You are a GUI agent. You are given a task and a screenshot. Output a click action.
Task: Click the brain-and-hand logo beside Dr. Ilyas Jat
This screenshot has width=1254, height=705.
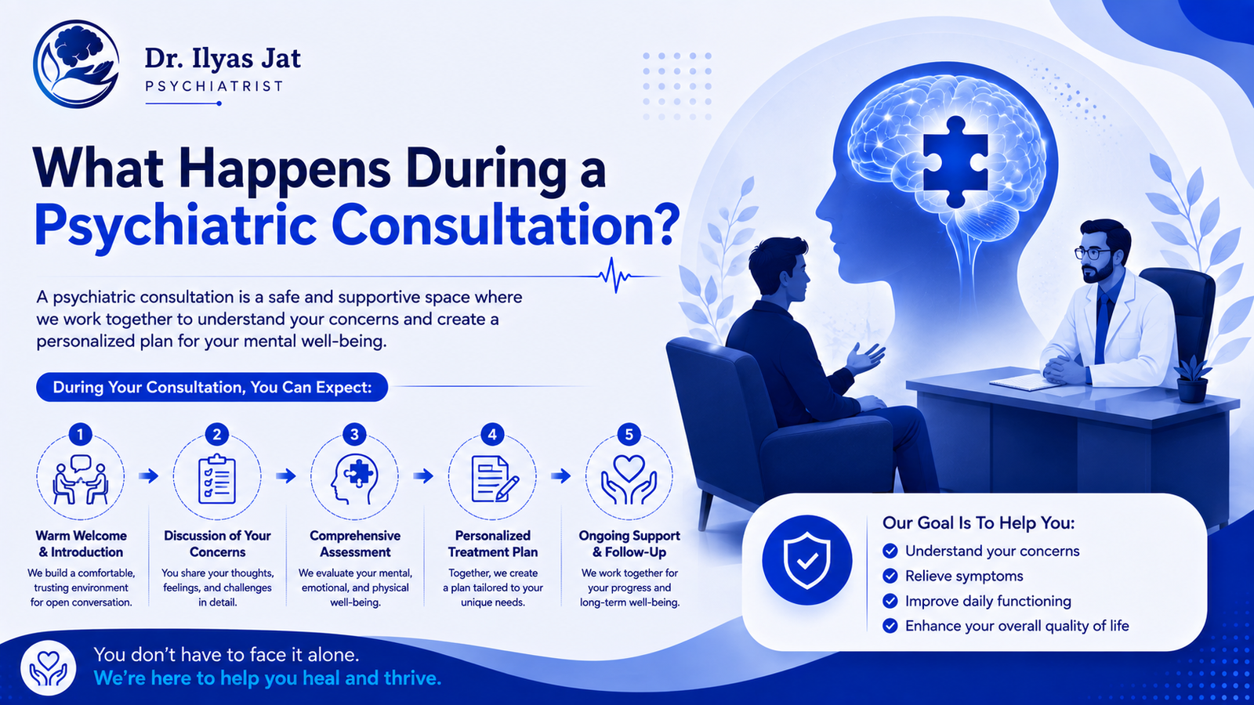[75, 63]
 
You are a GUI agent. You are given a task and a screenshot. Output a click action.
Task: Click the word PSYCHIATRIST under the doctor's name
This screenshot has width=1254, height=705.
[215, 86]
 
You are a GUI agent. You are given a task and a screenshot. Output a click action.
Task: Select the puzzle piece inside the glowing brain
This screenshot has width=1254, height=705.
[955, 161]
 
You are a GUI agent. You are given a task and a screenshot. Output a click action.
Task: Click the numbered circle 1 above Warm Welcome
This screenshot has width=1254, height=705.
[80, 434]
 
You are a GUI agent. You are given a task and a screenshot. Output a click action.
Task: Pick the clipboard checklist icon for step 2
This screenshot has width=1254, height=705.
[217, 479]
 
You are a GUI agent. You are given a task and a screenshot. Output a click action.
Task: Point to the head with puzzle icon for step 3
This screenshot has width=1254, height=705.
[353, 479]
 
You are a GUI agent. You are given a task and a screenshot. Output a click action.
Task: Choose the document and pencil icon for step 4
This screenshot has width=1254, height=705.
[495, 479]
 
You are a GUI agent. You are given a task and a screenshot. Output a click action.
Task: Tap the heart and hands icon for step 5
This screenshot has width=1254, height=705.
[629, 479]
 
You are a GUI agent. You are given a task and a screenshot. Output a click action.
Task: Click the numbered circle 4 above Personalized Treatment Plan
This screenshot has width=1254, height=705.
[492, 434]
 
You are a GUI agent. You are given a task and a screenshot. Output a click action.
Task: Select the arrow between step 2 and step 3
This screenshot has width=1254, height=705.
[286, 476]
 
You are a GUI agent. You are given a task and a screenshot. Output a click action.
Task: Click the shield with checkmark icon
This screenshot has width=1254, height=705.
[806, 560]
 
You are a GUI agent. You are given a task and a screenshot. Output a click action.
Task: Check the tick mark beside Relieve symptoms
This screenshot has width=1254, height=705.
[890, 576]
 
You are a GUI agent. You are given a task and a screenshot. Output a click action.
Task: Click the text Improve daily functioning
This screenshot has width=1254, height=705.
[988, 601]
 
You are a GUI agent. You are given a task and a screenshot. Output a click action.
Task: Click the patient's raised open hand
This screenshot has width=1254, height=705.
[865, 357]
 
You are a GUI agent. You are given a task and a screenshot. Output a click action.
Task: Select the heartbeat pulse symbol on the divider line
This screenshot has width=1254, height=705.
[614, 275]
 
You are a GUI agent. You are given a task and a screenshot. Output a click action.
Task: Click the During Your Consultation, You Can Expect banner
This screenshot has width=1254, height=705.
[212, 387]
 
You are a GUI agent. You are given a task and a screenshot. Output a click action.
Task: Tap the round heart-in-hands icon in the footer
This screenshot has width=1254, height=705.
[48, 667]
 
